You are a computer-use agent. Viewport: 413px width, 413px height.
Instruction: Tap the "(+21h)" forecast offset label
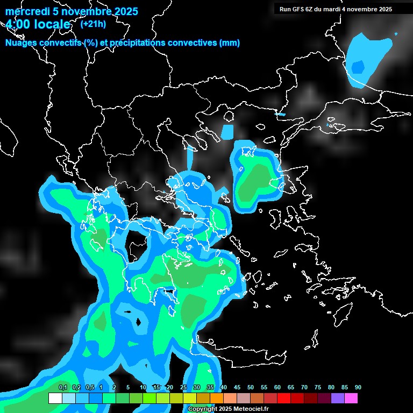(92, 24)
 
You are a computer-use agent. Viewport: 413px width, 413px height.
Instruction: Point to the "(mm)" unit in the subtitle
(230, 43)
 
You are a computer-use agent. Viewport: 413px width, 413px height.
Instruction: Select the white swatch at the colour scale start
(55, 398)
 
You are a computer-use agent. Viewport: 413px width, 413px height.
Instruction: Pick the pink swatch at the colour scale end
(351, 398)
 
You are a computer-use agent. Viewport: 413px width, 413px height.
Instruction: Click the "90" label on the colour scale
(358, 388)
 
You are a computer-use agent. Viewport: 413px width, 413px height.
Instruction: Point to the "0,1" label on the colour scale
(62, 388)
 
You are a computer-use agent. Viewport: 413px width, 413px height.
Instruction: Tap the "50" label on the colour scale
(251, 388)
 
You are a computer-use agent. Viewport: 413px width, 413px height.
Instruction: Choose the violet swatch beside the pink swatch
(338, 398)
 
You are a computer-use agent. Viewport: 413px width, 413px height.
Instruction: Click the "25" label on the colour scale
(183, 388)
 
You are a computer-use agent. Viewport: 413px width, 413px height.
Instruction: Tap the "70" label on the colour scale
(304, 388)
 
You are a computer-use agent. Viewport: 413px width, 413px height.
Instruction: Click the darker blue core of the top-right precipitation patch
(358, 67)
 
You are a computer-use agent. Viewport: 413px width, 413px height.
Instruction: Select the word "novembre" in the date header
(86, 11)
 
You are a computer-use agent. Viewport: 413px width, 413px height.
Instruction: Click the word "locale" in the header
(53, 25)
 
